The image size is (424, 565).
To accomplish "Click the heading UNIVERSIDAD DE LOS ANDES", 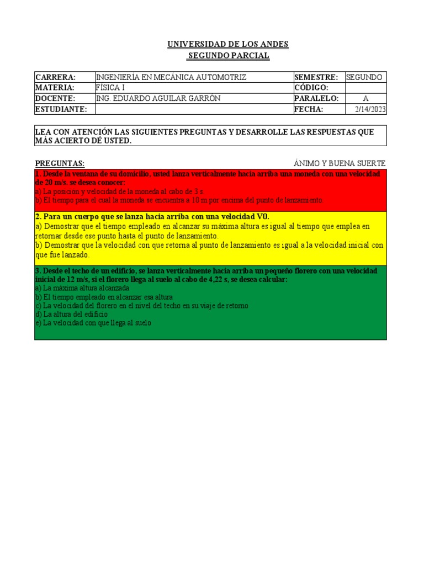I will point(228,44).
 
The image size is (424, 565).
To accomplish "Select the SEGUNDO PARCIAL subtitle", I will point(228,56).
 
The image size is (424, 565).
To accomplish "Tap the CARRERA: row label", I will point(56,77).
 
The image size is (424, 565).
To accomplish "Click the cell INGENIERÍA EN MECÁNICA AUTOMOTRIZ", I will point(171,77).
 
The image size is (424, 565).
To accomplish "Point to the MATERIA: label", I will point(55,88).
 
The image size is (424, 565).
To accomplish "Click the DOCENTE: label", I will point(55,98).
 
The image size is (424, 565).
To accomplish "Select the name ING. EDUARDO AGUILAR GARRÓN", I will point(158,98).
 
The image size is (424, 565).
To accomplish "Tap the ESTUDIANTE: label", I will point(61,109).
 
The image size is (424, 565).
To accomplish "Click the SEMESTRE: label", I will point(316,77).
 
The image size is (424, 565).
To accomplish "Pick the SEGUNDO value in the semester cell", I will point(364,77).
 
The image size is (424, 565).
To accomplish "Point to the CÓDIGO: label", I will point(312,88).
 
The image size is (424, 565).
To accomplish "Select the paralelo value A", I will point(365,99).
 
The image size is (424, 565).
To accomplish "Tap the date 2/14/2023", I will point(370,109).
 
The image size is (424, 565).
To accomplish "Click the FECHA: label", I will point(309,109).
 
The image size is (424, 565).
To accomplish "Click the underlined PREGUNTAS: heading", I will point(60,163).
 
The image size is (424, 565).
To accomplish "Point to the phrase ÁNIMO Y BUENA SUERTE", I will point(340,163).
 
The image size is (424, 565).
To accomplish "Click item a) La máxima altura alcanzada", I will point(82,288).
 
